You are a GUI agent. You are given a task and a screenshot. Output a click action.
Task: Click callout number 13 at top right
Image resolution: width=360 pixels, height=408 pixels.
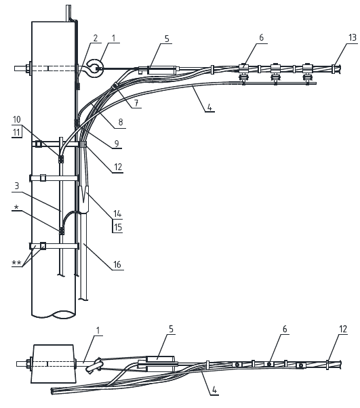352,38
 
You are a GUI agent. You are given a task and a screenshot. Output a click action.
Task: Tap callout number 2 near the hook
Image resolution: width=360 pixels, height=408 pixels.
96,38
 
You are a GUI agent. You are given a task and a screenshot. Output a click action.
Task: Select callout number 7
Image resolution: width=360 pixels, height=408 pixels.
137,103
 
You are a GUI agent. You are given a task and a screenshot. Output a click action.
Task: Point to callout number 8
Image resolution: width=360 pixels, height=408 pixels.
121,122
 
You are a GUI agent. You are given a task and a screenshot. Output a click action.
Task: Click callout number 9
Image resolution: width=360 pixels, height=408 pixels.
117,144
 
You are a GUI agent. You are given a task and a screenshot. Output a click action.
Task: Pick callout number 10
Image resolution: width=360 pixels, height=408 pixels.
17,119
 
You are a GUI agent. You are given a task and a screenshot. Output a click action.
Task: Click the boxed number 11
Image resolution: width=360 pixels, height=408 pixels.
16,132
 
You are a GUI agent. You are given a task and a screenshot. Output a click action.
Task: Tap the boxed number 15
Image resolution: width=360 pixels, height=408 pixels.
118,227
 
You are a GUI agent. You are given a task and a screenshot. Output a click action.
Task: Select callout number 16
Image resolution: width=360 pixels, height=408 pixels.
117,264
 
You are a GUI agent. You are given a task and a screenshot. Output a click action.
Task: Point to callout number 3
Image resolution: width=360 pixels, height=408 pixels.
17,186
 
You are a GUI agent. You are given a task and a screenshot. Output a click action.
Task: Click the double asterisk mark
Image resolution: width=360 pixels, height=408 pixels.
16,262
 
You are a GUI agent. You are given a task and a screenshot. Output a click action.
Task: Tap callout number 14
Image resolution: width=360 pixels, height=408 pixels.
117,213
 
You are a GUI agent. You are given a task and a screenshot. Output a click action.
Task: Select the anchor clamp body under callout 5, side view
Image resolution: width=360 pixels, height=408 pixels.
162,70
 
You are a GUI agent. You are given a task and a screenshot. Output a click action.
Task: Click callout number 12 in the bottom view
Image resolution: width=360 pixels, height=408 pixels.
343,329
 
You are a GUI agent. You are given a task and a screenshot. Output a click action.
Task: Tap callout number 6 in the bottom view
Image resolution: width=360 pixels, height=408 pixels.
285,329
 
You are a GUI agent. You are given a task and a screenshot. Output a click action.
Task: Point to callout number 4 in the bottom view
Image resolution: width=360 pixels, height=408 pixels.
214,390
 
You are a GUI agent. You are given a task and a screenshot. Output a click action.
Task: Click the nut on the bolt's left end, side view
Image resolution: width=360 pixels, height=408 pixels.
27,68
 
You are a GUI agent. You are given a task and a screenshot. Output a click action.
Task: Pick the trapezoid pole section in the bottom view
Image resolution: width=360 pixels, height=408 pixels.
54,364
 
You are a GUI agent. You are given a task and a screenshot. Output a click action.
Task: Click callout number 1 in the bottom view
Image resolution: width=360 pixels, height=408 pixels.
98,331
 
